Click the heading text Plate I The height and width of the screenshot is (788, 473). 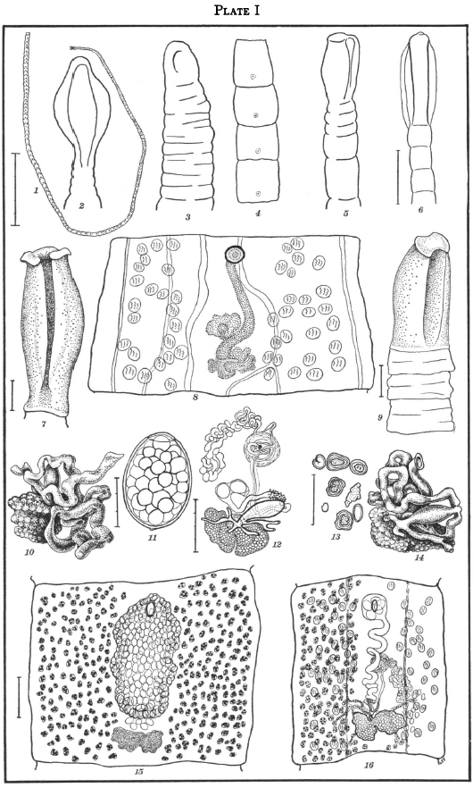point(236,11)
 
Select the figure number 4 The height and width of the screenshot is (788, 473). point(258,214)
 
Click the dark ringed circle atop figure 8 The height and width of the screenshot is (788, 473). point(233,254)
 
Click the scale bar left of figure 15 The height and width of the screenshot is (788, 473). point(19,697)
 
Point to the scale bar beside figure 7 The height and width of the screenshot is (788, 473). point(13,395)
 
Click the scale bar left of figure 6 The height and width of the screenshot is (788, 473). point(398,176)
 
